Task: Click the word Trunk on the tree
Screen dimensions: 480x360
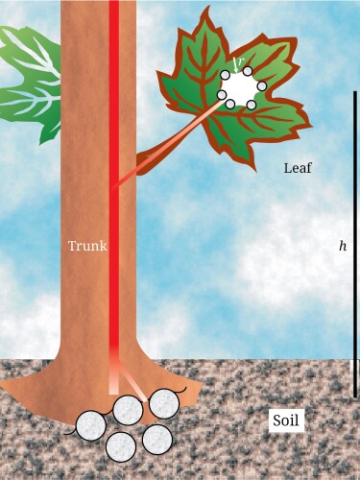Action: tap(86, 246)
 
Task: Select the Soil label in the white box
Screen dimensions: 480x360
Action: tap(286, 420)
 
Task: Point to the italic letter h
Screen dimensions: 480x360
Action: tap(343, 246)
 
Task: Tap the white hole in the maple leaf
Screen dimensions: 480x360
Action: tap(240, 88)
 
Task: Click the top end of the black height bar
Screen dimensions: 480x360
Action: tap(355, 92)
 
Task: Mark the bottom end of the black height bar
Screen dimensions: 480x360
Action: tap(355, 396)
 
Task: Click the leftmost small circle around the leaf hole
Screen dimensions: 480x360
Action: tap(222, 94)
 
